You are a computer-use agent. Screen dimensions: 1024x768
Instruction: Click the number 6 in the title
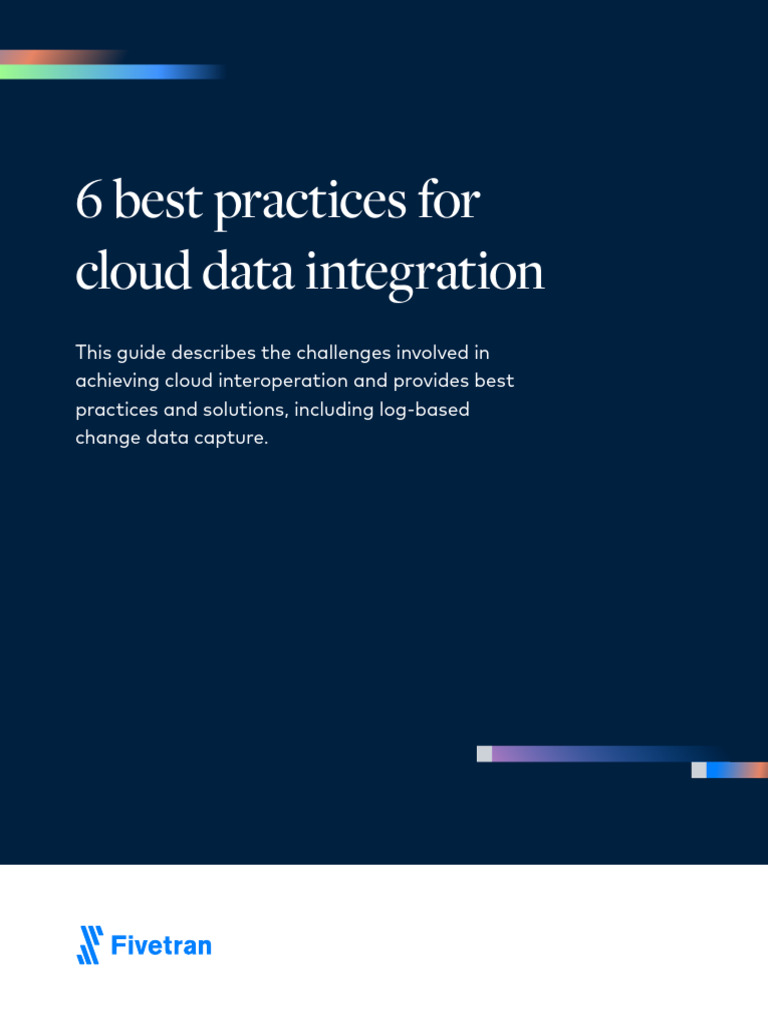pyautogui.click(x=88, y=202)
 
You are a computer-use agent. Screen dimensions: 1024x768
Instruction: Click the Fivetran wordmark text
pyautogui.click(x=161, y=945)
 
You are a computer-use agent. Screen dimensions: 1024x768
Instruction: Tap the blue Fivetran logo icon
pyautogui.click(x=90, y=945)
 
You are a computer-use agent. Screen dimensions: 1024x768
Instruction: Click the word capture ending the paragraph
pyautogui.click(x=235, y=439)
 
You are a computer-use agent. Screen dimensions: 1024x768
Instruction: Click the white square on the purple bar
pyautogui.click(x=484, y=754)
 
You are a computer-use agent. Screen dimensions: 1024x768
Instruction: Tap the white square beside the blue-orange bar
pyautogui.click(x=698, y=770)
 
